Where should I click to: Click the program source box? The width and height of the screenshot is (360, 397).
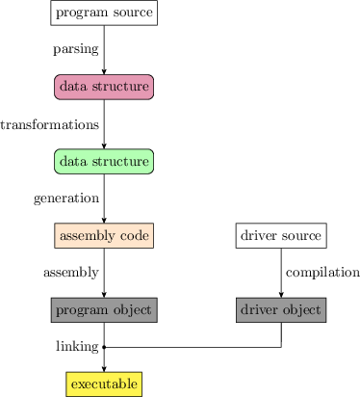click(x=104, y=13)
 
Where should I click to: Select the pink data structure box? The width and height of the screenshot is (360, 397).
click(x=104, y=87)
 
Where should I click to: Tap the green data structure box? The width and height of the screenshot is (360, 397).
click(x=104, y=161)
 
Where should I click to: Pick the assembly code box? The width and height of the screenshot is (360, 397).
click(x=104, y=235)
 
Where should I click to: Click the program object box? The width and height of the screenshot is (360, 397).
click(x=104, y=309)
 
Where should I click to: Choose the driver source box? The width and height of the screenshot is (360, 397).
click(x=281, y=235)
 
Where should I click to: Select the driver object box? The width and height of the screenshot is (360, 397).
click(x=281, y=309)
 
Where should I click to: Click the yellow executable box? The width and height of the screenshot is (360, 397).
click(x=104, y=384)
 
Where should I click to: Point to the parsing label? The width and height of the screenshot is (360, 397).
click(x=76, y=49)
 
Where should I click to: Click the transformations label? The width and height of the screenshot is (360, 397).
click(x=49, y=124)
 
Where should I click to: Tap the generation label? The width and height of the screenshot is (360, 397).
click(x=66, y=198)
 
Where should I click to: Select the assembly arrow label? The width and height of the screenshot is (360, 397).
click(x=71, y=273)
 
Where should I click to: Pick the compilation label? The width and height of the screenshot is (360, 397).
click(x=322, y=273)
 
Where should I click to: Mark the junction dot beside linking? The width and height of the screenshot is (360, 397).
click(x=104, y=346)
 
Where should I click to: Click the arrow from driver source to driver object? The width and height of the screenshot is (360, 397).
click(x=281, y=273)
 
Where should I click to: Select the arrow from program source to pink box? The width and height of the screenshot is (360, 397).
click(x=104, y=49)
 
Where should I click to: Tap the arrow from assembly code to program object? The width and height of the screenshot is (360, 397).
click(x=104, y=273)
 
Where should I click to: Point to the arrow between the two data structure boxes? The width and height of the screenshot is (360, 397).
click(x=104, y=124)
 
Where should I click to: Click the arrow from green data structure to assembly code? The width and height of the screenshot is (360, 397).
click(x=104, y=198)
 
